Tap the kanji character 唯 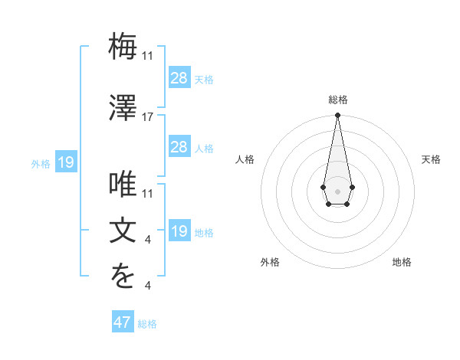(123, 185)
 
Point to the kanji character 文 (123, 231)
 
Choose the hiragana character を (123, 278)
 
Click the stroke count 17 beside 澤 (148, 117)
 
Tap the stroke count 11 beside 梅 (148, 56)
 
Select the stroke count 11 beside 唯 (148, 194)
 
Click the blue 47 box (123, 322)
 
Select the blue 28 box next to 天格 (179, 77)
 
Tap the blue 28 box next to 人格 (179, 146)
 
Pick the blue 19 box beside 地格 (179, 231)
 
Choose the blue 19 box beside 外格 (66, 162)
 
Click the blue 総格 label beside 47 (147, 324)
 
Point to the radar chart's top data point (337, 116)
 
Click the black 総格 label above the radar (337, 100)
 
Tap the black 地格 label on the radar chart (402, 262)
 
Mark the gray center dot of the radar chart (337, 190)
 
